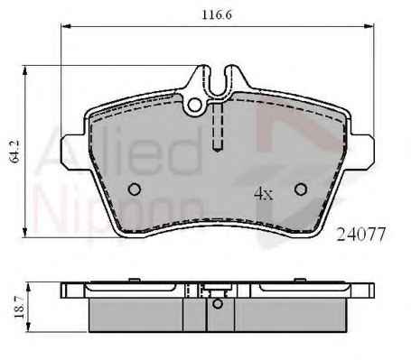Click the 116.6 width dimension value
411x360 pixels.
pos(217,14)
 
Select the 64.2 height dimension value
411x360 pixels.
pos(14,152)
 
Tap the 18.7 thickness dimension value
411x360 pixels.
pos(19,307)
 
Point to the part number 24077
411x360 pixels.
pos(361,235)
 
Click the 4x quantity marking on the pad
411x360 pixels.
pos(264,194)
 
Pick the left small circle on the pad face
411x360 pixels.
pos(135,189)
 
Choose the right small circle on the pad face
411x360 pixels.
pos(301,189)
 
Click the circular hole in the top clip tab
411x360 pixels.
pos(195,105)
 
